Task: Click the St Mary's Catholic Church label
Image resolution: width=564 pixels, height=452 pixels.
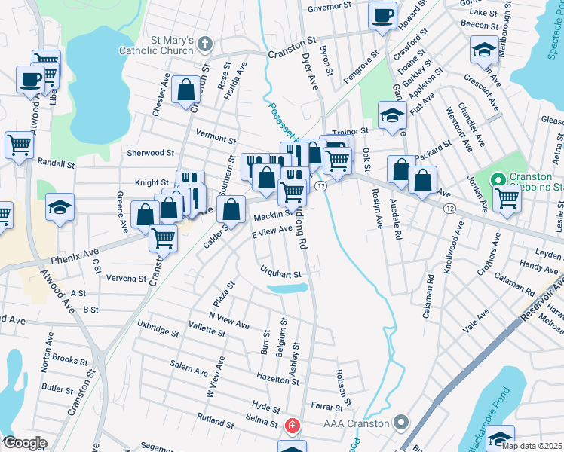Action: [x=164, y=45]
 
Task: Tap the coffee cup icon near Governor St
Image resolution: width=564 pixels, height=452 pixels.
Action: [x=383, y=14]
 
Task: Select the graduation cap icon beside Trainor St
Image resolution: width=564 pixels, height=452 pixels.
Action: [x=391, y=117]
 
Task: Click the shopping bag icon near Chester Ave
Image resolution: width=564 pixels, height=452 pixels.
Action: [x=185, y=91]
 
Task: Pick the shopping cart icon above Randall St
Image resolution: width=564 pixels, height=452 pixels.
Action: [x=19, y=144]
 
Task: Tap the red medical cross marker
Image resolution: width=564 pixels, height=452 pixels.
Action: [x=293, y=426]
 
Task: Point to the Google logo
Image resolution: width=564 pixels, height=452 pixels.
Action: [x=24, y=443]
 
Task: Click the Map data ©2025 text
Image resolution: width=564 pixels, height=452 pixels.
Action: [x=531, y=446]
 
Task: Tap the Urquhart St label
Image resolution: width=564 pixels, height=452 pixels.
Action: [x=280, y=274]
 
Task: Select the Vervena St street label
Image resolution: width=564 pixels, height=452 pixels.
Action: [x=126, y=278]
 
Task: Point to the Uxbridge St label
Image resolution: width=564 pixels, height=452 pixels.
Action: [x=157, y=332]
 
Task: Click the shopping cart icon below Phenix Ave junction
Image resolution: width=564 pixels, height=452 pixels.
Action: [x=163, y=239]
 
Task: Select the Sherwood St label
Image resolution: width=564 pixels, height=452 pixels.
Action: [x=151, y=153]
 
